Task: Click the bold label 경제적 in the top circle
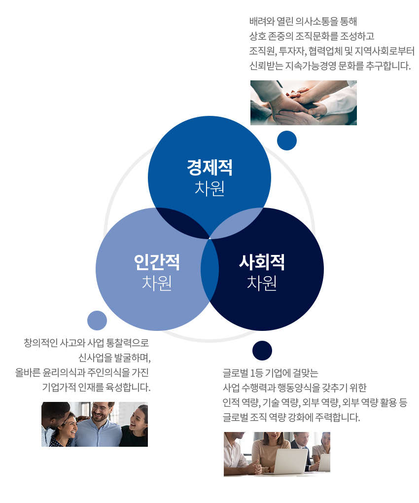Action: pyautogui.click(x=209, y=167)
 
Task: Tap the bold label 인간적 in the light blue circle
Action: pyautogui.click(x=157, y=262)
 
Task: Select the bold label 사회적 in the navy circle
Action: pyautogui.click(x=262, y=262)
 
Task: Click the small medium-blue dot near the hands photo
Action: pyautogui.click(x=286, y=141)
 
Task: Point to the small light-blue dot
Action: pyautogui.click(x=97, y=320)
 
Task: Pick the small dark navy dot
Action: pyautogui.click(x=262, y=350)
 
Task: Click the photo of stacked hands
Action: pyautogui.click(x=303, y=103)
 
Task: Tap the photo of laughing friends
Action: pyautogui.click(x=95, y=424)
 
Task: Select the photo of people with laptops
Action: pyautogui.click(x=277, y=454)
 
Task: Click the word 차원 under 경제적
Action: pyautogui.click(x=209, y=188)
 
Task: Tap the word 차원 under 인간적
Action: pyautogui.click(x=157, y=283)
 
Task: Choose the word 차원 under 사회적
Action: pyautogui.click(x=262, y=283)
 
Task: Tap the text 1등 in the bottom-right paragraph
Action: pyautogui.click(x=257, y=373)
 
